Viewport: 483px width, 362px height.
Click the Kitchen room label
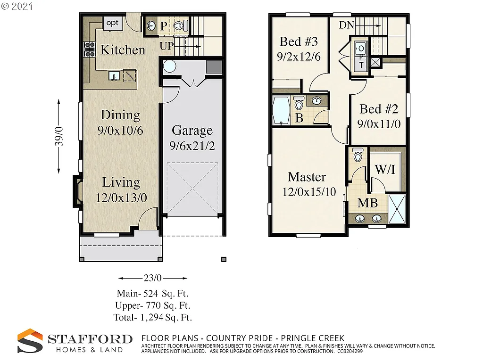[123, 50]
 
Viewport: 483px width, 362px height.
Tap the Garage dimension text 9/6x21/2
[192, 146]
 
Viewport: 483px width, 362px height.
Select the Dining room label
[120, 115]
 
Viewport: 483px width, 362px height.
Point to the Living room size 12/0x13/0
[121, 198]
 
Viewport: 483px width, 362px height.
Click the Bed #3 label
[297, 41]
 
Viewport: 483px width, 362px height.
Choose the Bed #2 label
[379, 109]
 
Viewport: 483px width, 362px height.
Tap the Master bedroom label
[307, 177]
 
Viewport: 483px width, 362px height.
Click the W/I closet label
[385, 170]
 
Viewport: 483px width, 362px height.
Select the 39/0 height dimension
[58, 137]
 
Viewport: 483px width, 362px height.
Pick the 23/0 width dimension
[152, 278]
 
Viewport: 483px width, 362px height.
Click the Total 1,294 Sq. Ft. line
[152, 317]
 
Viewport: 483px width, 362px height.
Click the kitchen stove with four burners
[89, 49]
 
